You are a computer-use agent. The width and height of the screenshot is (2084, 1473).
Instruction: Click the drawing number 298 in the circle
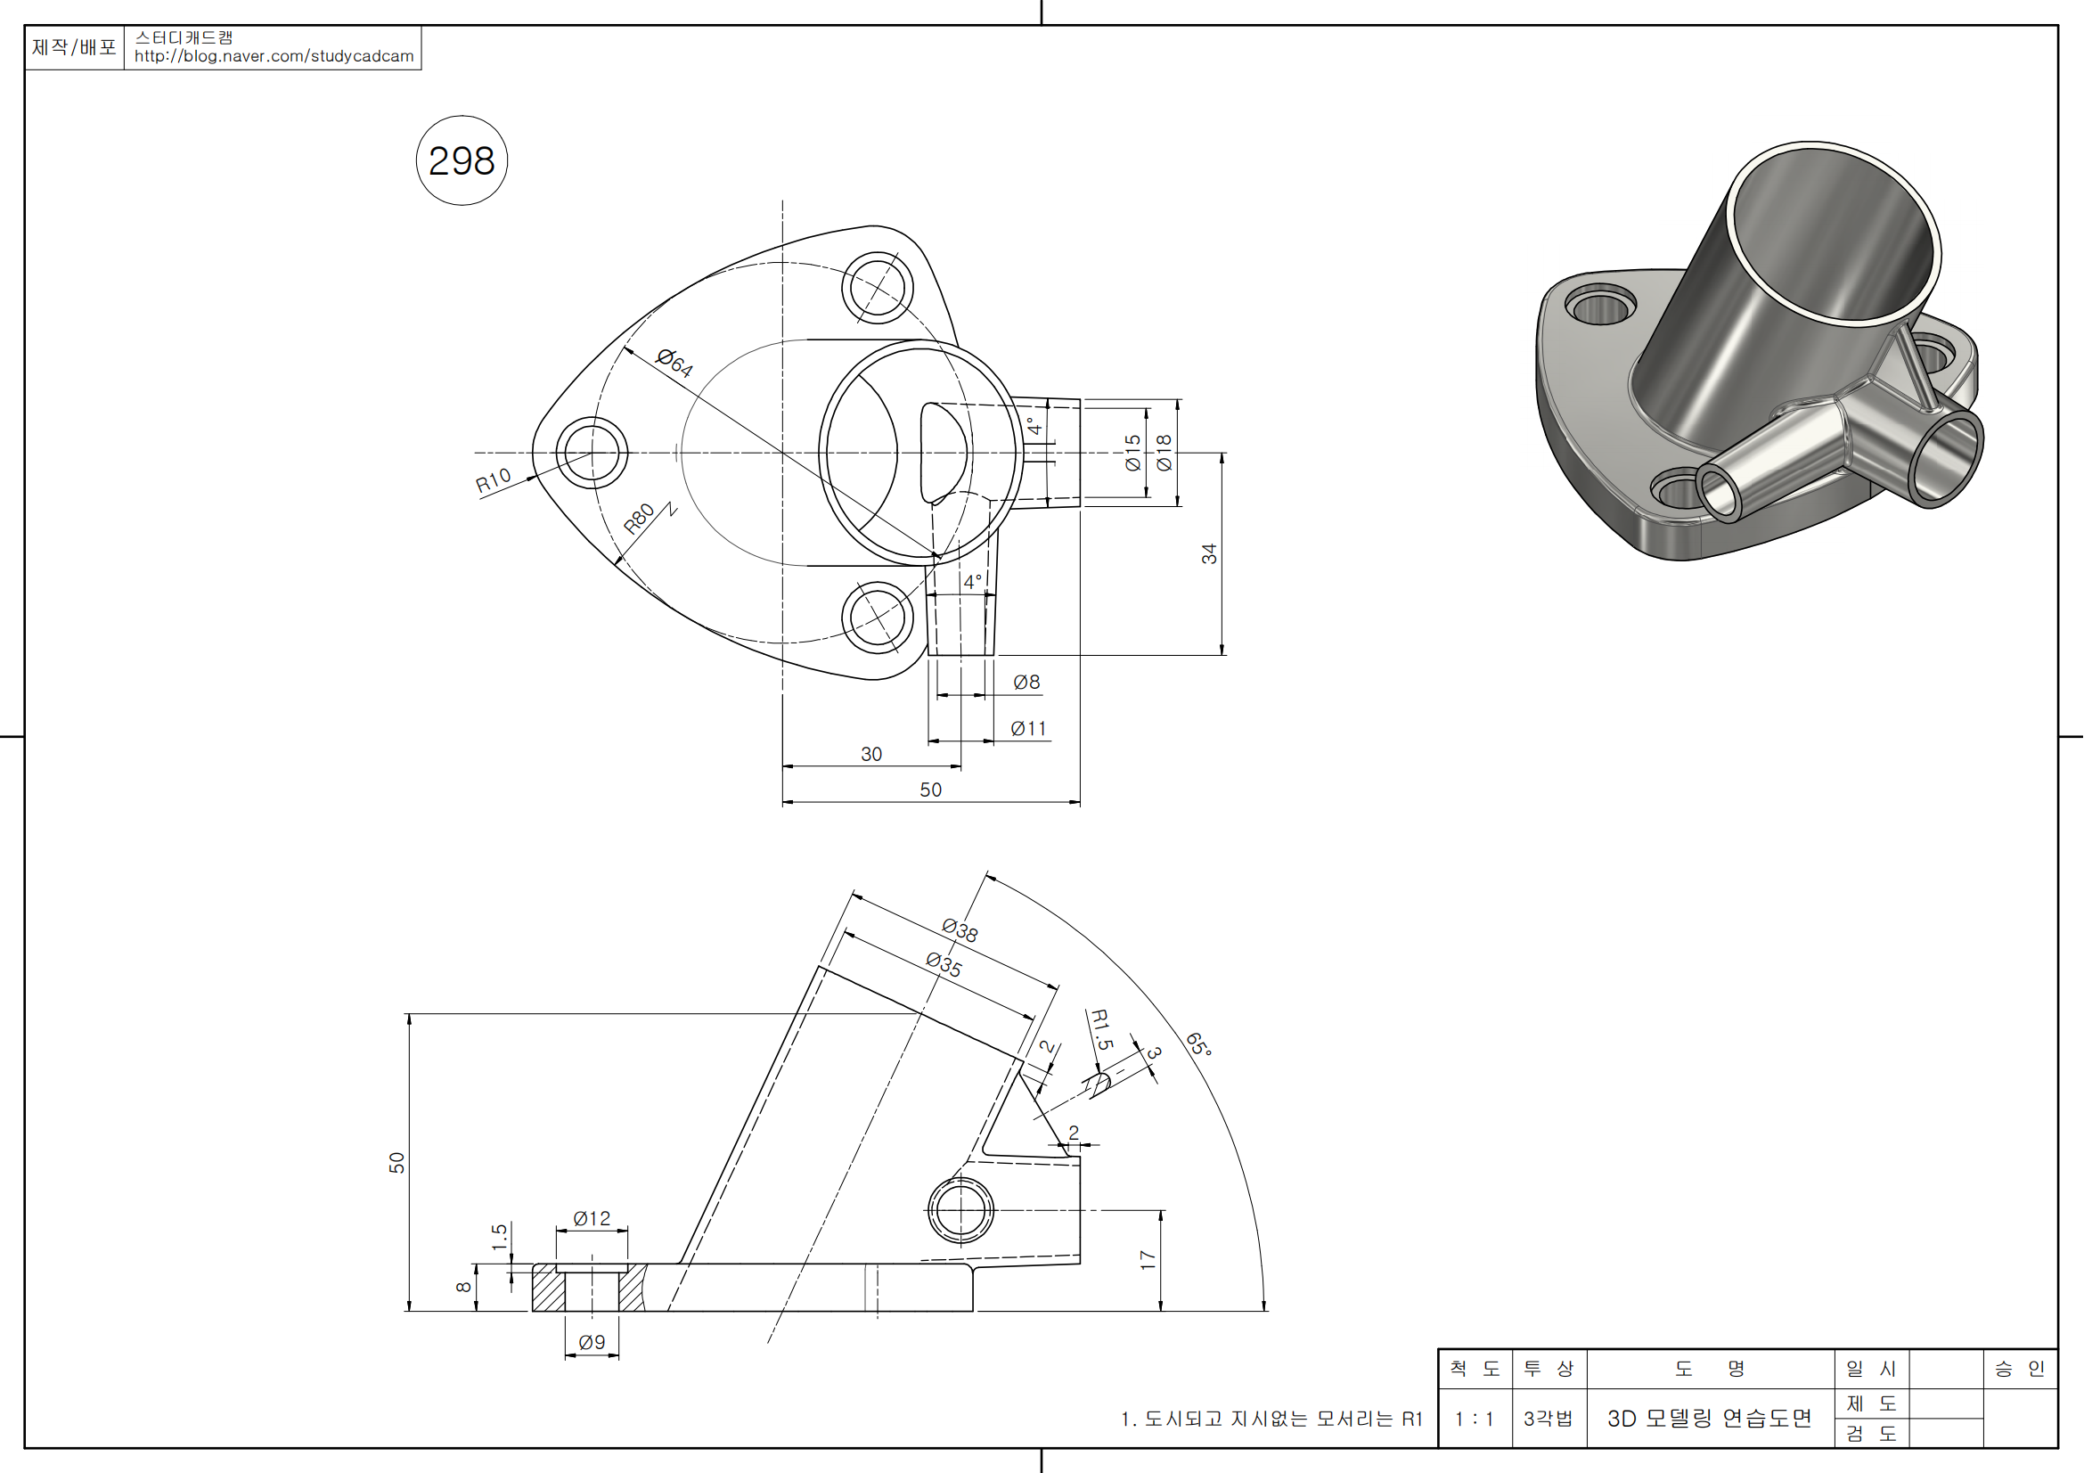point(462,161)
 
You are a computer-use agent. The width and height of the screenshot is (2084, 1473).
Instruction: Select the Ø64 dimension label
point(674,362)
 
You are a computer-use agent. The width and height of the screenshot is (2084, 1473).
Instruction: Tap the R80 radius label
point(639,519)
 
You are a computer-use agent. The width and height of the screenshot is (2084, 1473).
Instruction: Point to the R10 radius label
point(493,480)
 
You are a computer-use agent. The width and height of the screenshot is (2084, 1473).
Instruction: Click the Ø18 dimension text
point(1164,452)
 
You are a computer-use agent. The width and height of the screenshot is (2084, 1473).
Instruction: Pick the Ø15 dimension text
point(1132,452)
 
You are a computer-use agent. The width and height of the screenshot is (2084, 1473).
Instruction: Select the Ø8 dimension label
point(1026,682)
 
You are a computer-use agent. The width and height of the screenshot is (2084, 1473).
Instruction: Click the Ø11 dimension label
point(1028,729)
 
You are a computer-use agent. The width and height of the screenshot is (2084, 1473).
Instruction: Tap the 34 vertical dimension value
point(1209,553)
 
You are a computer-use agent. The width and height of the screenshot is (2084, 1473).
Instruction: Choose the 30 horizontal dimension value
point(871,754)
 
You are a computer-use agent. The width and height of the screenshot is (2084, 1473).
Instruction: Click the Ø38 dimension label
point(960,930)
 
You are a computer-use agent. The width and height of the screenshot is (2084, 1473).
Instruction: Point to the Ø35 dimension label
point(944,964)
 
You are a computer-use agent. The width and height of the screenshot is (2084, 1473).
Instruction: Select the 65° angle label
point(1198,1044)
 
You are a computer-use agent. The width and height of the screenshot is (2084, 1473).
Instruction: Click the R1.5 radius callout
point(1101,1029)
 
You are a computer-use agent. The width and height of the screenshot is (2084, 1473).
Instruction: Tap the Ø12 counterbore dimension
point(592,1219)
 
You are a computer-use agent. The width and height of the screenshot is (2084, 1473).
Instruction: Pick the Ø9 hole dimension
point(592,1342)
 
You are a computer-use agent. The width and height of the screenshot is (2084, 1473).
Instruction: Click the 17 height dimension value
point(1148,1260)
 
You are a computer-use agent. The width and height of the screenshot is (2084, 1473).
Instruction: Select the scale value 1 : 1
point(1474,1420)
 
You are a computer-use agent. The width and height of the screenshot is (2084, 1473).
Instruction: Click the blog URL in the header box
point(274,56)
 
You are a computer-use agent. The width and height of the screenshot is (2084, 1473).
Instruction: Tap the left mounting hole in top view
point(592,452)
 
